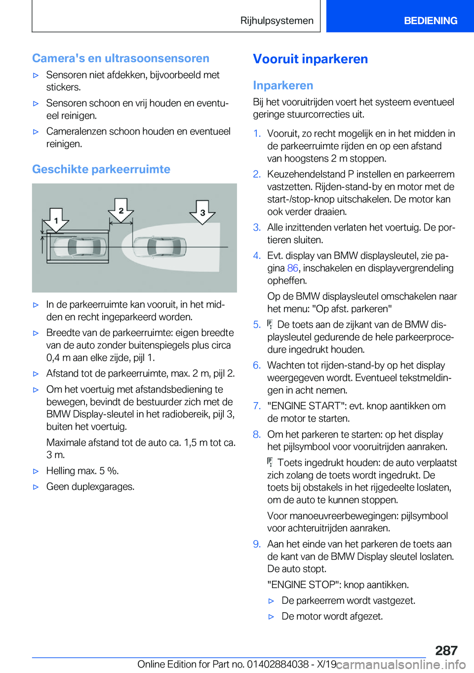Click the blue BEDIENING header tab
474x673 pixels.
(x=430, y=21)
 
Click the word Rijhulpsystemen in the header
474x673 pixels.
(x=276, y=21)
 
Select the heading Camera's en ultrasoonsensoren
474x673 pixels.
(x=120, y=58)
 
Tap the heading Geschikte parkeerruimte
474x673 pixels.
(x=101, y=169)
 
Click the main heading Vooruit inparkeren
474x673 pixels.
(x=310, y=59)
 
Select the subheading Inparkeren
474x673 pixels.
(x=283, y=85)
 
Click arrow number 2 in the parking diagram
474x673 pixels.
(x=121, y=210)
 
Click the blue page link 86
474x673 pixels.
(x=292, y=268)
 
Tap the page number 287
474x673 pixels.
(x=446, y=650)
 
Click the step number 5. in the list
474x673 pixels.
(x=257, y=325)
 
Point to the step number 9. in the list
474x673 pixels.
(x=257, y=544)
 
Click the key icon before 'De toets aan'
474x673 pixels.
(x=270, y=325)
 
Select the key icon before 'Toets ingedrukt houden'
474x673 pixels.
(x=270, y=463)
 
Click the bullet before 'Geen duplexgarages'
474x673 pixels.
(x=36, y=487)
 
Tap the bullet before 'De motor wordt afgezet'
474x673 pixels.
(x=271, y=617)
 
